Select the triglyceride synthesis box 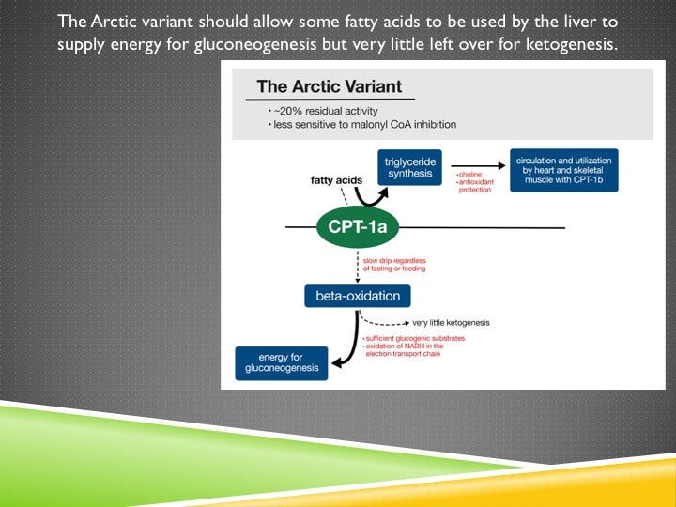[x=409, y=167]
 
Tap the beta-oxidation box [x=358, y=297]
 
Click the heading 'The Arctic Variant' [x=329, y=86]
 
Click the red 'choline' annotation [x=469, y=174]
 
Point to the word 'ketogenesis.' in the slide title [x=576, y=45]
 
